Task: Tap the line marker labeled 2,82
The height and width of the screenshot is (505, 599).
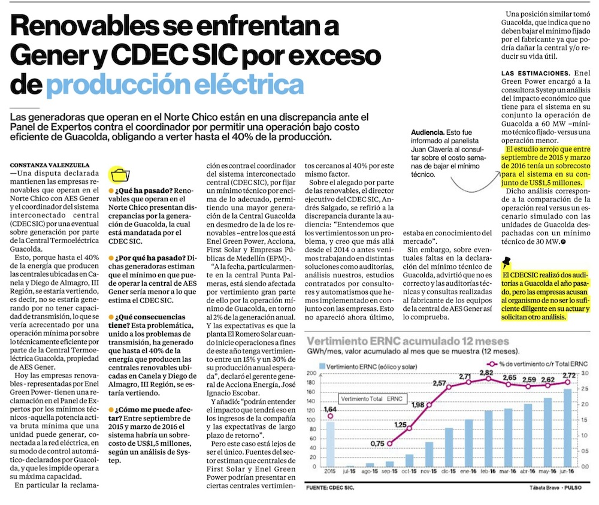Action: [488, 379]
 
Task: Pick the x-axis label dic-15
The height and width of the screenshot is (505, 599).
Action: [449, 472]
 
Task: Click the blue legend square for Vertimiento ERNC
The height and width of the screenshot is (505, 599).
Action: [323, 364]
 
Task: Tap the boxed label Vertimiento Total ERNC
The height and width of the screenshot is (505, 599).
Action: [371, 398]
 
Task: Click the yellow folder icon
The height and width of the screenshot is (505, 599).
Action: [120, 175]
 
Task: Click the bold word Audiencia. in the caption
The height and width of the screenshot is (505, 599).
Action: [428, 132]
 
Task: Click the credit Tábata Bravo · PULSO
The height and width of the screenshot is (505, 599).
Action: [555, 488]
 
